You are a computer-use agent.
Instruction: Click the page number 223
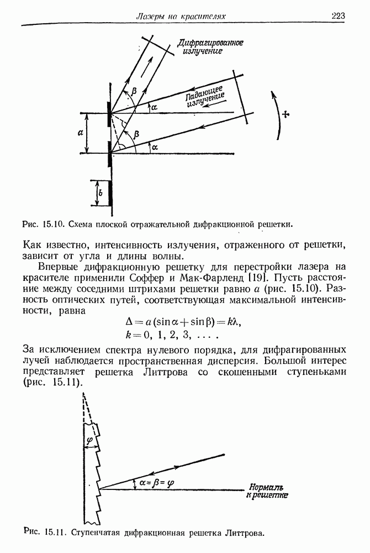pyautogui.click(x=338, y=16)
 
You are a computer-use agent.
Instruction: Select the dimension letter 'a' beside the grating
pyautogui.click(x=81, y=133)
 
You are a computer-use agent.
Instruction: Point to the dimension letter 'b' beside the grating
pyautogui.click(x=99, y=194)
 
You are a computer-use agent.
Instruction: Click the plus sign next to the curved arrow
pyautogui.click(x=285, y=114)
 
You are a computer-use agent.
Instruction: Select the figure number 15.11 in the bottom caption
pyautogui.click(x=54, y=533)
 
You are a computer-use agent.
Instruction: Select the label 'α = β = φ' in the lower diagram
pyautogui.click(x=157, y=482)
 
